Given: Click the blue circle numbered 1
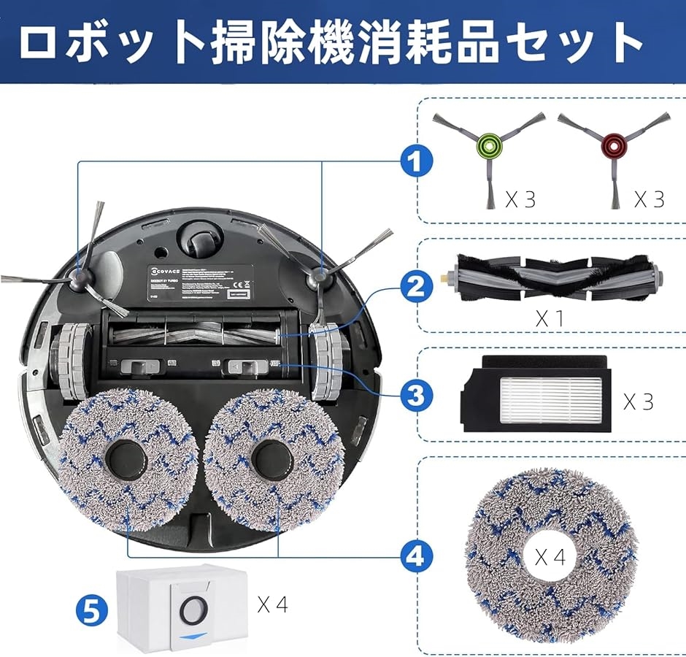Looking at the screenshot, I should click(x=416, y=161).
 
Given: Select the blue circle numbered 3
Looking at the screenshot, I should click(x=416, y=395).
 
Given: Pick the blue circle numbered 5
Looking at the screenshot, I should click(x=89, y=609).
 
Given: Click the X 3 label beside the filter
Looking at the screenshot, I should click(x=639, y=401).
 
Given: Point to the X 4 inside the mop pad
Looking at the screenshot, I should click(x=551, y=558).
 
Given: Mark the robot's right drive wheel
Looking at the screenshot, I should click(x=325, y=361).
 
